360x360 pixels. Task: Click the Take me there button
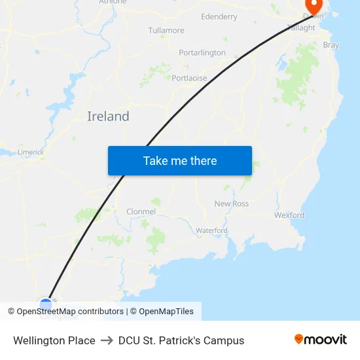pyautogui.click(x=180, y=160)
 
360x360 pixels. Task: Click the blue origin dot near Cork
pyautogui.click(x=45, y=304)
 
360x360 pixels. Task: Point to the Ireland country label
pyautogui.click(x=108, y=117)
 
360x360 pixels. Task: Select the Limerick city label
pyautogui.click(x=31, y=152)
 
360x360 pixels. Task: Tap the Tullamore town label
pyautogui.click(x=166, y=31)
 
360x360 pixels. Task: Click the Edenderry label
pyautogui.click(x=219, y=16)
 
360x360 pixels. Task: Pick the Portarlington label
pyautogui.click(x=202, y=52)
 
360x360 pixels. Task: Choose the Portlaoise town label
pyautogui.click(x=189, y=78)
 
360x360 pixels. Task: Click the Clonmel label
pyautogui.click(x=141, y=211)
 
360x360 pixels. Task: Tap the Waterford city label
pyautogui.click(x=211, y=230)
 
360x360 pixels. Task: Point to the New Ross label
pyautogui.click(x=232, y=204)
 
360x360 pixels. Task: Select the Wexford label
pyautogui.click(x=289, y=215)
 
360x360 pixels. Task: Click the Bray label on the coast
pyautogui.click(x=331, y=45)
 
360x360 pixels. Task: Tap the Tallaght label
pyautogui.click(x=301, y=28)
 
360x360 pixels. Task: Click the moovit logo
pyautogui.click(x=321, y=340)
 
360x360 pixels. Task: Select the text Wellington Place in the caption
pyautogui.click(x=54, y=340)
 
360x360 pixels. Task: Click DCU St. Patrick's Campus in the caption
pyautogui.click(x=181, y=340)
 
